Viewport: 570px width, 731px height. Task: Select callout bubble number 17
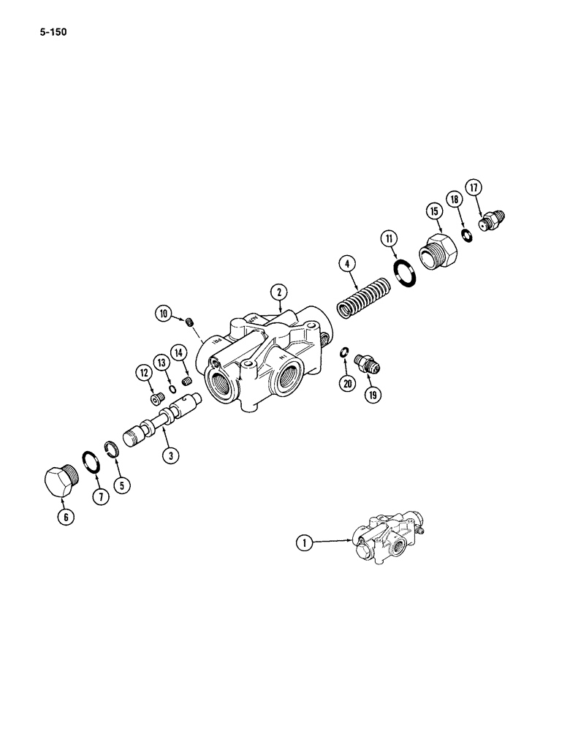tap(474, 189)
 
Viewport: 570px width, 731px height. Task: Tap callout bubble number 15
tap(434, 212)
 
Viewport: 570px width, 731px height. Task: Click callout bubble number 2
tap(278, 292)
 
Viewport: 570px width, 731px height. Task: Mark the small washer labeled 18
tap(465, 234)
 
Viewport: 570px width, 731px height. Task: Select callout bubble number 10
tap(164, 314)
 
